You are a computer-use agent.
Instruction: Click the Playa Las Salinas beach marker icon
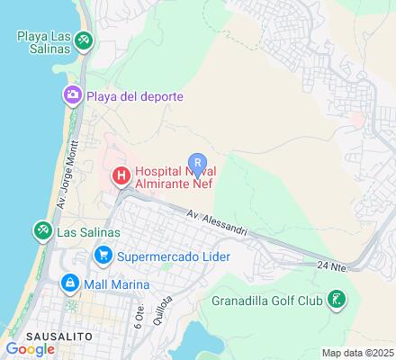tap(83, 40)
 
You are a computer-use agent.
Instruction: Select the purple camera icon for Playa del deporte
tap(70, 94)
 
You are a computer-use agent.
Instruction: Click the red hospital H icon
tap(119, 176)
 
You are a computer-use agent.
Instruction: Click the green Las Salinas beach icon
tap(41, 230)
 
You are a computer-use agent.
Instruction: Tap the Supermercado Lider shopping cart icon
tap(104, 256)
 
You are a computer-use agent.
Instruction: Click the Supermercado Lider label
tap(174, 256)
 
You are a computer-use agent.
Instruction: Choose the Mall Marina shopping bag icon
tap(68, 283)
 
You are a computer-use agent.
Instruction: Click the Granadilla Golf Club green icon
tap(335, 299)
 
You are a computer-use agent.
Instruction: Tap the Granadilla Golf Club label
tap(266, 300)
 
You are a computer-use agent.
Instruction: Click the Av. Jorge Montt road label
tap(67, 193)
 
